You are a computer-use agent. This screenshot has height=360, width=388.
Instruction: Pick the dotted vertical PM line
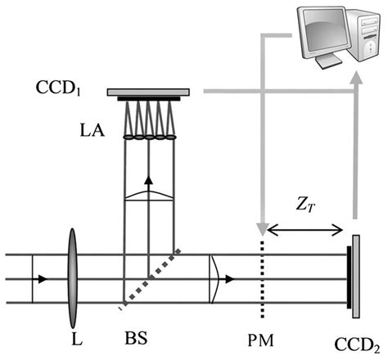261,278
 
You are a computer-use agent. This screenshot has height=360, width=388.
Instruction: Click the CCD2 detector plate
355,277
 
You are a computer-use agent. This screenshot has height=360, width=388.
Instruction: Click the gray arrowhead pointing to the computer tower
355,79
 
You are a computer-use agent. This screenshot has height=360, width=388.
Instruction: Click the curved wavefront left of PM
214,277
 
